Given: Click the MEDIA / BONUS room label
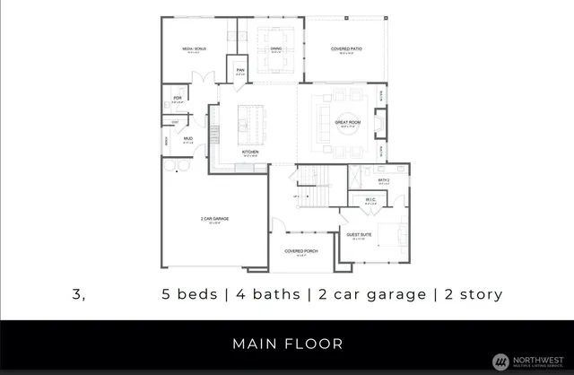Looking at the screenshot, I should pos(192,50).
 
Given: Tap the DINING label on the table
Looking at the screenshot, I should pos(276,49).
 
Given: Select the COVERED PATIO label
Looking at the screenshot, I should pos(347,49).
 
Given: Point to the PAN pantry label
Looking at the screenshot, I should pos(240,70).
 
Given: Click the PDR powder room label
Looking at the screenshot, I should pos(178,99).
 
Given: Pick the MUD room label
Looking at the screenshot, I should pos(188,138).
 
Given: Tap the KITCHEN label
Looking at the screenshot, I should pos(250,153).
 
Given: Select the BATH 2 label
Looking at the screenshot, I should pos(384,180).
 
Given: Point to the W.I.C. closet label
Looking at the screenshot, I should pos(370,200).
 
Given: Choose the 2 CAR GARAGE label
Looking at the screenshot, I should pos(213,218).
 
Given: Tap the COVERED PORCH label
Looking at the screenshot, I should pos(296,251).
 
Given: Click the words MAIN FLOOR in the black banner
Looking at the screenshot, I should pos(287,344).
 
